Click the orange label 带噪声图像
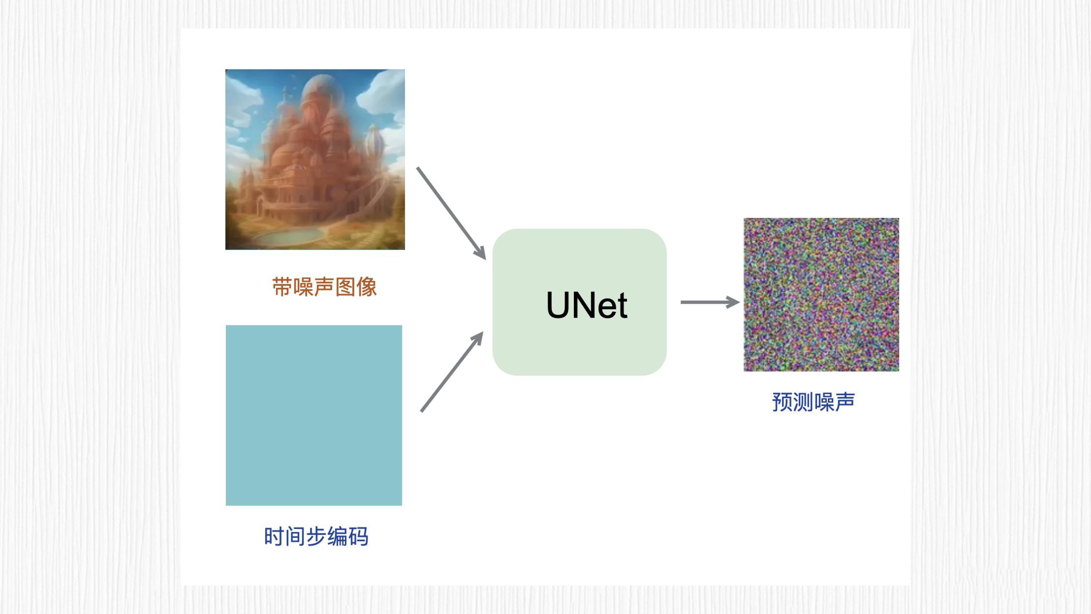[324, 287]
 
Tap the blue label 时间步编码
[316, 537]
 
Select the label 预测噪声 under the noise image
[813, 402]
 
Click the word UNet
[587, 305]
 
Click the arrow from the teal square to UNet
[452, 371]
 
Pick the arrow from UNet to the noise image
[710, 302]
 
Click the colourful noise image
[821, 295]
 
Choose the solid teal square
[314, 415]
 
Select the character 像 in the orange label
[366, 287]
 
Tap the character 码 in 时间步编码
[358, 537]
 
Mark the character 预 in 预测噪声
[782, 402]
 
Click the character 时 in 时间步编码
[274, 537]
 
